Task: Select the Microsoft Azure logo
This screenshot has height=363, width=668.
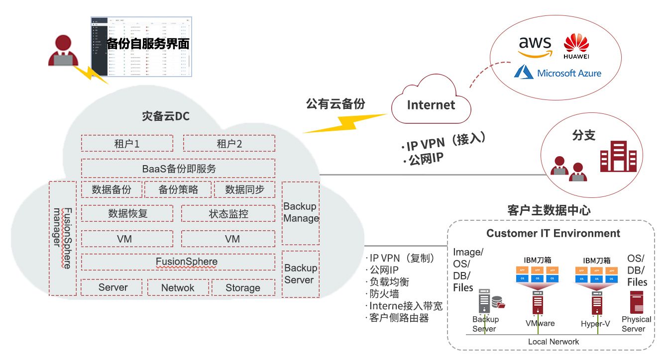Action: [x=557, y=73]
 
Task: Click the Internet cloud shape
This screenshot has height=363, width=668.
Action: [x=431, y=102]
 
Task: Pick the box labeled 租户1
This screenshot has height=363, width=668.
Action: [x=127, y=144]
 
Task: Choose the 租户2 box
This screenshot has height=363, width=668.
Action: [x=229, y=144]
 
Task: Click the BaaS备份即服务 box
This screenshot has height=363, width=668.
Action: [x=178, y=168]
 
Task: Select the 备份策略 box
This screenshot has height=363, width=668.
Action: [x=178, y=189]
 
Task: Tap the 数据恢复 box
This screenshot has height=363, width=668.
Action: [x=127, y=213]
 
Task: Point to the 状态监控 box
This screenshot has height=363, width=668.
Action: [x=228, y=213]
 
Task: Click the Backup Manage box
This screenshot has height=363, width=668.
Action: [x=301, y=213]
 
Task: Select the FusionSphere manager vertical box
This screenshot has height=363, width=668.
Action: [x=63, y=238]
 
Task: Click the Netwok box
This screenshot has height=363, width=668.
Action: [x=177, y=287]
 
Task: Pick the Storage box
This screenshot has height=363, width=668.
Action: [x=243, y=287]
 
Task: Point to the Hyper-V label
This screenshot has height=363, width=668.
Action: [x=595, y=324]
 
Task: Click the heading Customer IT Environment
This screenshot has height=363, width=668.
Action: [x=553, y=233]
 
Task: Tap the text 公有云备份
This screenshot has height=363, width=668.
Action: [x=335, y=103]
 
